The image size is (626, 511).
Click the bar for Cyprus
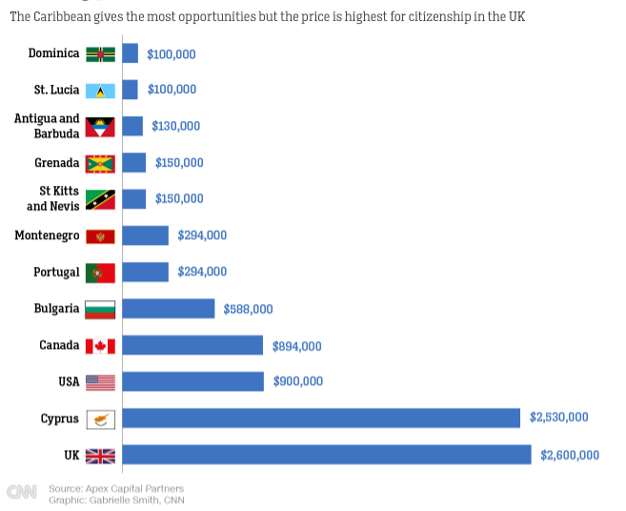321,419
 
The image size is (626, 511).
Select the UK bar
327,455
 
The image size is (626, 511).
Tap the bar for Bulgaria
169,309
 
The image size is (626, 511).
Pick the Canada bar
192,345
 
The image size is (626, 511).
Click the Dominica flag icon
100,54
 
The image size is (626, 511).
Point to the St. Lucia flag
100,91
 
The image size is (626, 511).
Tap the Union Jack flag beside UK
100,456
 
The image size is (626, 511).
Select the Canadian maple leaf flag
100,346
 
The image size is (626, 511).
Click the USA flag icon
100,382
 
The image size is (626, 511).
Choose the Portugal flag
100,273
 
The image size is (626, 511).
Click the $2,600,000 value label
570,456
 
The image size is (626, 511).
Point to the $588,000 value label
248,309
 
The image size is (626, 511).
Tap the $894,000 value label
297,346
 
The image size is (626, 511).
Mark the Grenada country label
57,162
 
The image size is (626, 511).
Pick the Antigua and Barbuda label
47,126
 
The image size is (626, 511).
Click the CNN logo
22,492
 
